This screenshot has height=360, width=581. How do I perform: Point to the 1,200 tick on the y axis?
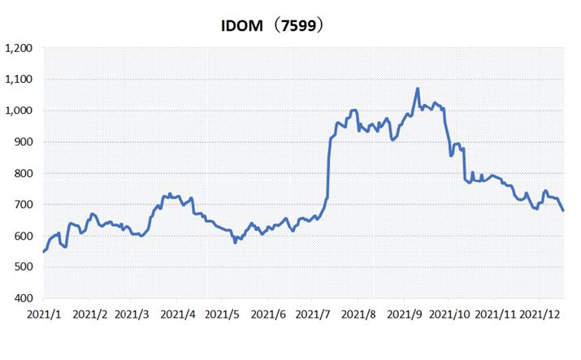click(19, 49)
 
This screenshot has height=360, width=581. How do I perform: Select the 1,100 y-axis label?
click(19, 80)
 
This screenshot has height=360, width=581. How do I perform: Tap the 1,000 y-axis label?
click(19, 111)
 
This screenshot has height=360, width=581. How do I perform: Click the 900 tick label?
click(23, 142)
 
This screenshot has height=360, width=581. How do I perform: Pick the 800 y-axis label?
click(23, 174)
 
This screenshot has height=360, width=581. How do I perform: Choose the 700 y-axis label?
click(23, 205)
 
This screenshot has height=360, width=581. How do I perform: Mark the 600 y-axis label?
click(23, 236)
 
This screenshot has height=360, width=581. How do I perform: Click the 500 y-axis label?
click(23, 267)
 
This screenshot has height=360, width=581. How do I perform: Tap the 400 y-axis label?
click(23, 299)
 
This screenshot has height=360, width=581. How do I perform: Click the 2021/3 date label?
click(132, 313)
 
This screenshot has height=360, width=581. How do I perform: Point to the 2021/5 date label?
click(223, 313)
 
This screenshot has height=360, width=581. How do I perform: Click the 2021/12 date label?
click(540, 313)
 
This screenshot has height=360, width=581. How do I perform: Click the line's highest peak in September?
click(418, 89)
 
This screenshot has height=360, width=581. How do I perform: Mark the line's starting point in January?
click(43, 252)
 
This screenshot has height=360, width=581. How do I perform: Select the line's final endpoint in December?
click(563, 210)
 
